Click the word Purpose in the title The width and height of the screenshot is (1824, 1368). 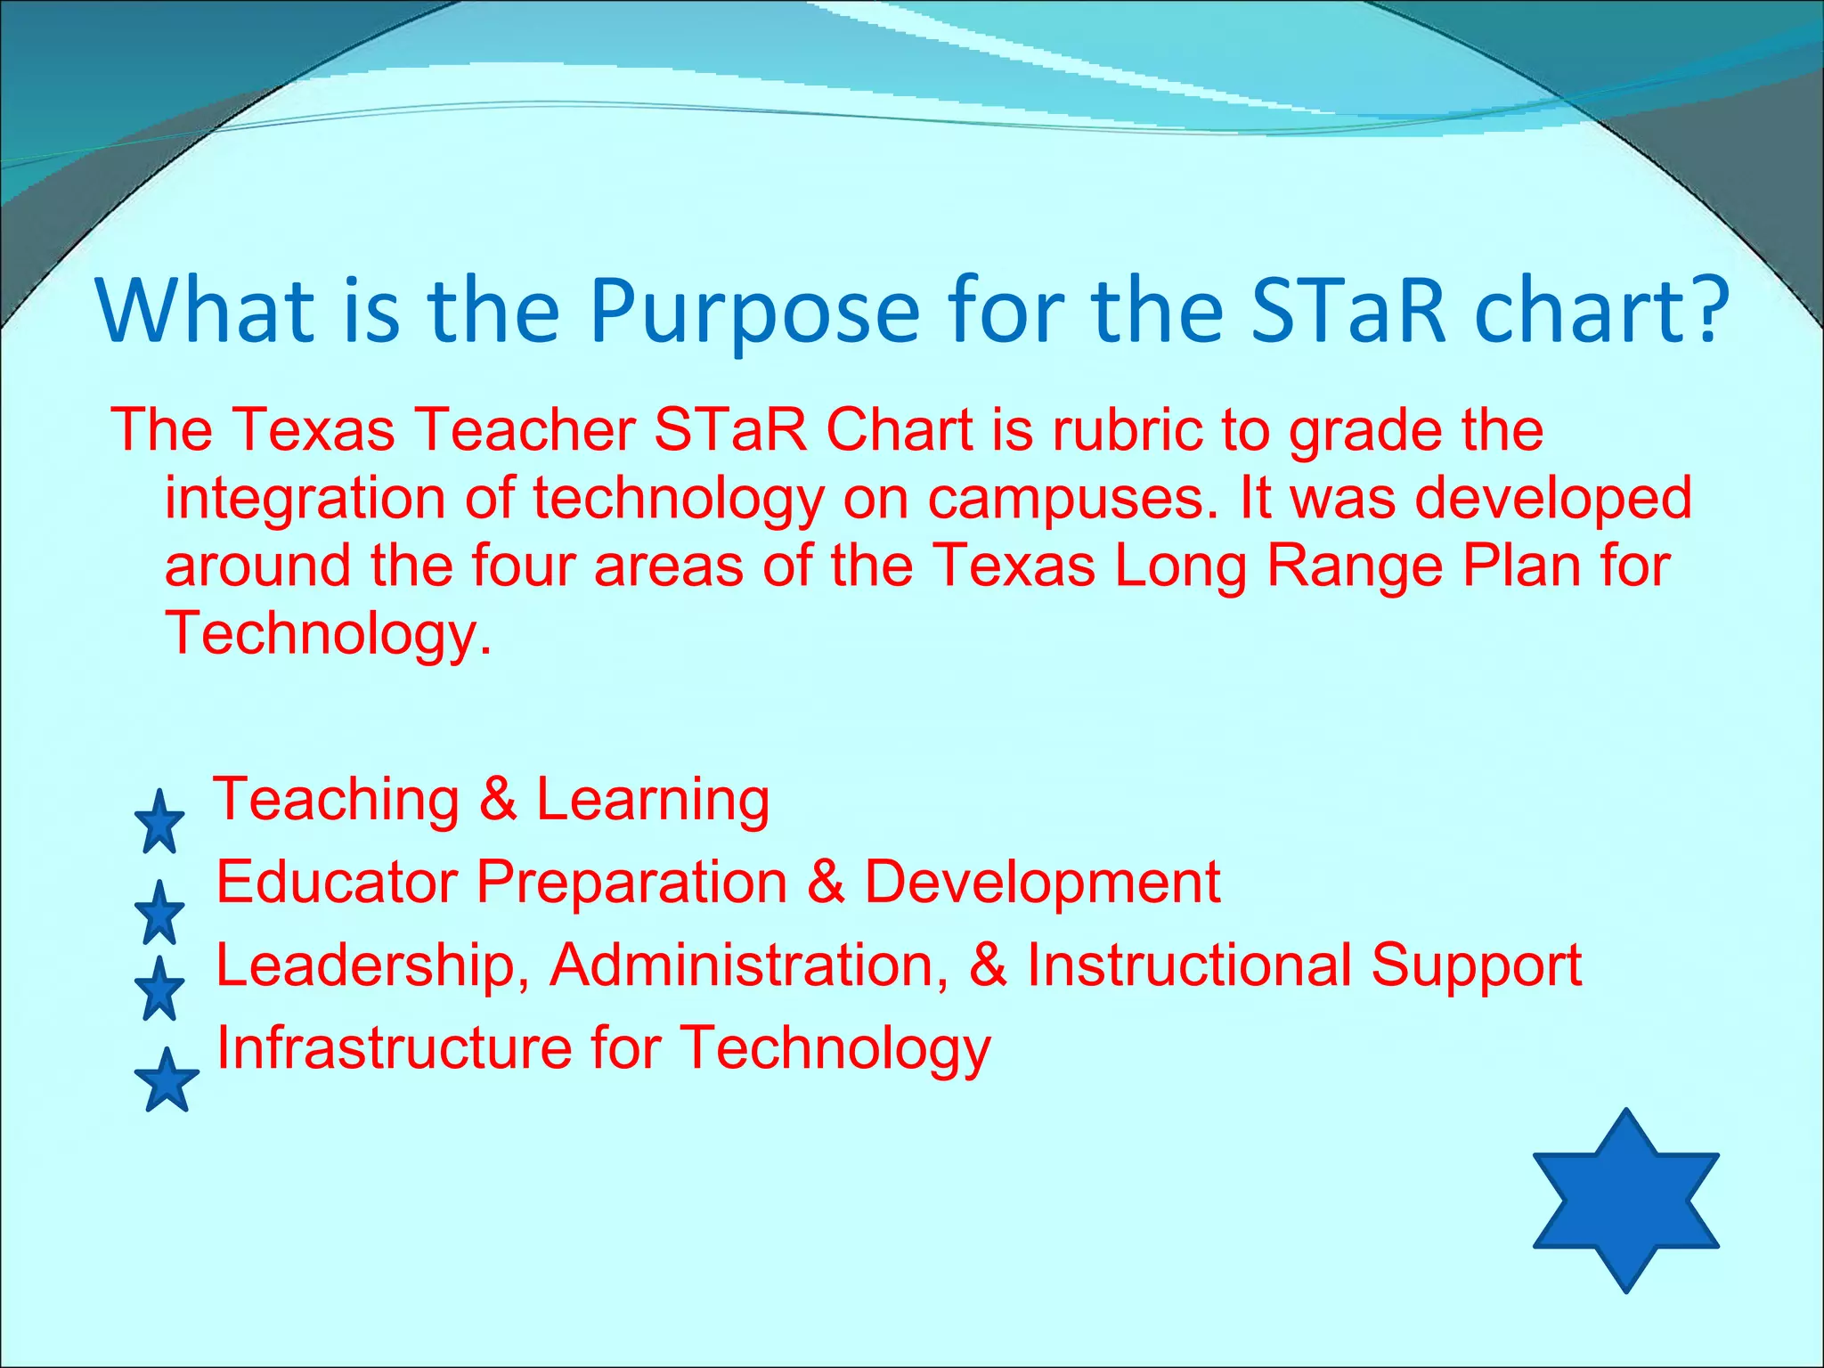pos(753,313)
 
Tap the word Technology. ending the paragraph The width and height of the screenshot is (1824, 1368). pos(328,634)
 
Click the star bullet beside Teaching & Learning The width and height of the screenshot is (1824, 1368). pos(159,822)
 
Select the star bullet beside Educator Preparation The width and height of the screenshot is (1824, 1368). pos(159,913)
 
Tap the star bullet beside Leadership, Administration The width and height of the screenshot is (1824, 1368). pos(159,989)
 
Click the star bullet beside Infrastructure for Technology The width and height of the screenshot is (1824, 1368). pos(166,1080)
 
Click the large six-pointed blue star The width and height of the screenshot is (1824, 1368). pos(1625,1200)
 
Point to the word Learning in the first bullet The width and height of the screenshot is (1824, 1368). pos(652,799)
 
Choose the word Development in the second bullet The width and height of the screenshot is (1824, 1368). pos(1042,883)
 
